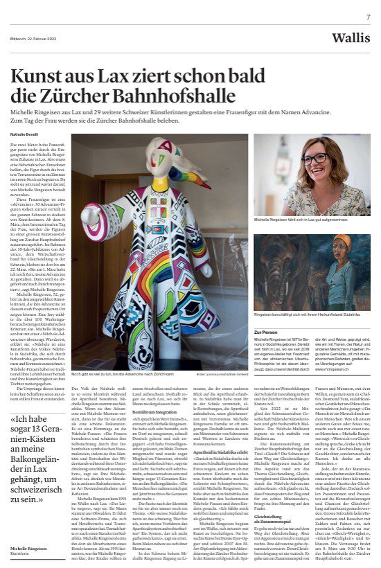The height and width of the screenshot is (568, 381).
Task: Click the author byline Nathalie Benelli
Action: click(26, 134)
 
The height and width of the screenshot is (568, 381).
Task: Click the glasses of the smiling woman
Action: click(313, 159)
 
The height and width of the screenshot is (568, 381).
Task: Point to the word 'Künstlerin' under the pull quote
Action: click(21, 553)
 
